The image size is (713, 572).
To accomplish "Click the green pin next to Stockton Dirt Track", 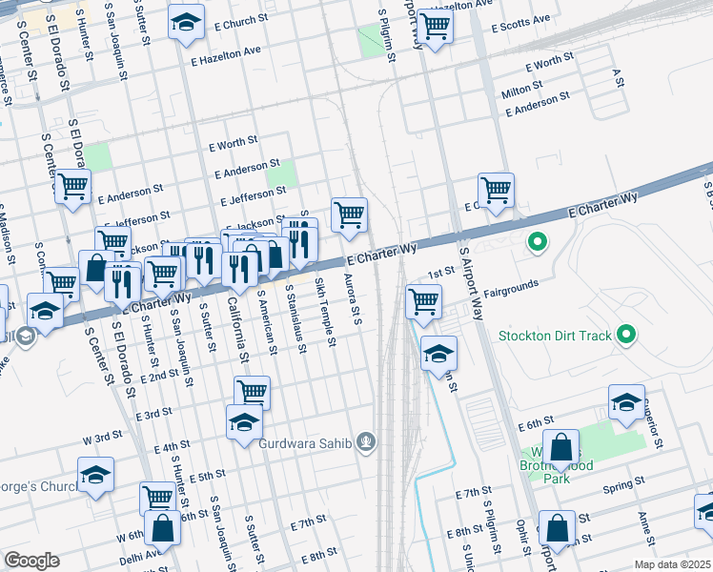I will pyautogui.click(x=625, y=335).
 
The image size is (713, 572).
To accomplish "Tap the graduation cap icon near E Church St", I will pyautogui.click(x=186, y=21).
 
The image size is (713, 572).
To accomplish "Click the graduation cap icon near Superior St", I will pyautogui.click(x=626, y=402).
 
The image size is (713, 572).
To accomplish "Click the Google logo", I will pyautogui.click(x=31, y=561).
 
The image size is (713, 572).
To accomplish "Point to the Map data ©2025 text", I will pyautogui.click(x=672, y=564).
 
